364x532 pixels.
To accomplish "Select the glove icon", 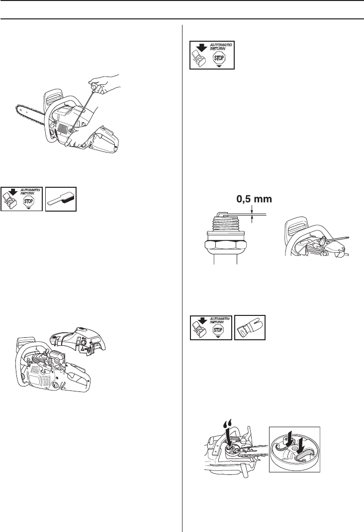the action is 250,327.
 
